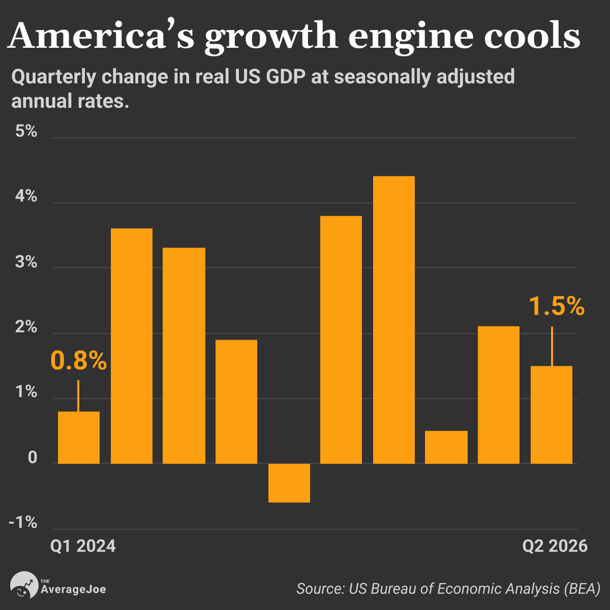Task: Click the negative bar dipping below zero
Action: tap(289, 483)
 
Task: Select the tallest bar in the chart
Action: tap(394, 320)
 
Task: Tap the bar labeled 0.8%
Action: tap(79, 438)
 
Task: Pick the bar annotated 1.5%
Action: tap(551, 415)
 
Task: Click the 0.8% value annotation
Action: tap(79, 361)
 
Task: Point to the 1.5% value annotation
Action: tap(557, 306)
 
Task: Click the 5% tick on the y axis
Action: tap(26, 131)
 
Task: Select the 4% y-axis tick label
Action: tap(26, 196)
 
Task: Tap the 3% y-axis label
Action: tap(26, 262)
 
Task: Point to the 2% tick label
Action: tap(26, 327)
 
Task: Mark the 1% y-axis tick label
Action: tap(26, 391)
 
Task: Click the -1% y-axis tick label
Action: tap(23, 522)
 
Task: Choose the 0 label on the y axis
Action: tap(32, 457)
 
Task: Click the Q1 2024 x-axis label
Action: tap(83, 546)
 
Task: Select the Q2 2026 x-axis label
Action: tap(555, 546)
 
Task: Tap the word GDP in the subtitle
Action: tap(286, 77)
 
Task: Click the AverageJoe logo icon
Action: tap(24, 584)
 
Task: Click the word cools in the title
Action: tap(532, 35)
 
